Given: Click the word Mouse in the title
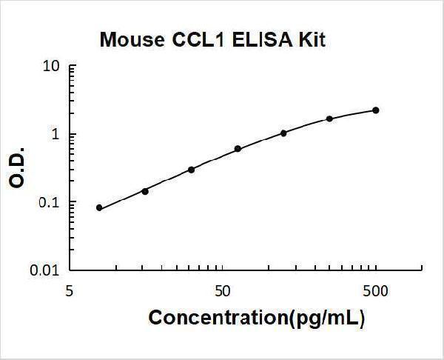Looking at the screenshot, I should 129,40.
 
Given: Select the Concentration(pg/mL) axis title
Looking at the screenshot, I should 257,318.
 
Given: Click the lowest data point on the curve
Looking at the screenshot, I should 99,208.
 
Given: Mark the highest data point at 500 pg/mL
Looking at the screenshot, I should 376,110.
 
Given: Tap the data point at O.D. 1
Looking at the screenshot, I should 283,133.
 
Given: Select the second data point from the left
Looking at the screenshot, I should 145,191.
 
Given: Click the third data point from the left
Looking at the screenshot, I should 191,170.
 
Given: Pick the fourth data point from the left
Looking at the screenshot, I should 238,149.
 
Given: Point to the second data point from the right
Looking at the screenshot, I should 329,119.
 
